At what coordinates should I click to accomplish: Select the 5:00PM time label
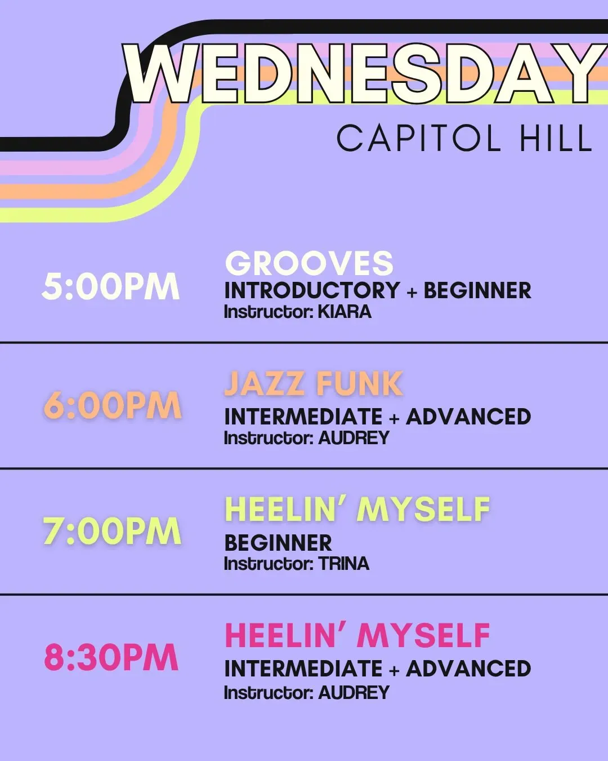110,286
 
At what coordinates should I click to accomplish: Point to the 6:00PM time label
113,405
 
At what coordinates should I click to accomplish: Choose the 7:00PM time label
112,532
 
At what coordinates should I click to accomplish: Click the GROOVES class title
309,263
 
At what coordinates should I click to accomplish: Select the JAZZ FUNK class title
314,383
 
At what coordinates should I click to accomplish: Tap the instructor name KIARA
345,312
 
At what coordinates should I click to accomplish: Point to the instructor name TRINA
344,563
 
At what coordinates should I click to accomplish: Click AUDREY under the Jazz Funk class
354,438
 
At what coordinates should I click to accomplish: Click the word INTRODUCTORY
312,290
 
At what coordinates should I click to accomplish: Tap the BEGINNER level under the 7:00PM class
279,542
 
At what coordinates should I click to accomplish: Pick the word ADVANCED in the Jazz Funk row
468,416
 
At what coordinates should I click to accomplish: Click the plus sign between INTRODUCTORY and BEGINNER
412,291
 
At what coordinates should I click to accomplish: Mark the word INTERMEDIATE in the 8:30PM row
303,669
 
